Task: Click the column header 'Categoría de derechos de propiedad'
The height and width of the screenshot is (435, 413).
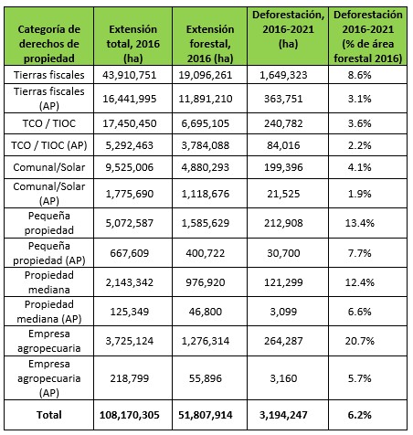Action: [x=49, y=44]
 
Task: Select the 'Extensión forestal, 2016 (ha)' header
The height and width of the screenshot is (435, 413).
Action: [x=210, y=44]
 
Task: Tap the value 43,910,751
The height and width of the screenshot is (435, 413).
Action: [x=130, y=75]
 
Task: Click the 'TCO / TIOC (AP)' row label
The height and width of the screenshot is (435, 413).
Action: [x=49, y=145]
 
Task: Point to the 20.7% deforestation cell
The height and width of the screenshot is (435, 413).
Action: [x=359, y=341]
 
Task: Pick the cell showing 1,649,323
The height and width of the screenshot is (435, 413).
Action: [x=283, y=75]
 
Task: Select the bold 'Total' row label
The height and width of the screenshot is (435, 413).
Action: [x=49, y=415]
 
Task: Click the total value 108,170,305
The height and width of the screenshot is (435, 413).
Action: [x=130, y=415]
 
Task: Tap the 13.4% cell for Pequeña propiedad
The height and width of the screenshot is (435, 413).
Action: [x=359, y=223]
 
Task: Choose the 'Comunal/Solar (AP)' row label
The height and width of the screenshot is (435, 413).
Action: [x=49, y=194]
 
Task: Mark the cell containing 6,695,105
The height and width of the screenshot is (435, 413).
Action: [x=206, y=123]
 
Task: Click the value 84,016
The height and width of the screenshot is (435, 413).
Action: [x=283, y=145]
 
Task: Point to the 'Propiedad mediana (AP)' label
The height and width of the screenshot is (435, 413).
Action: [x=49, y=312]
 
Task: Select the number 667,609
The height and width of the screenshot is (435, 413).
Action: [x=130, y=253]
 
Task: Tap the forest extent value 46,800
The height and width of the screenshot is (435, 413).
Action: [x=206, y=312]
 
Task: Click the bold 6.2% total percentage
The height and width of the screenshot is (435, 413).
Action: [x=359, y=415]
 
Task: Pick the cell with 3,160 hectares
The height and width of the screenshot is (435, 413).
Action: [x=283, y=378]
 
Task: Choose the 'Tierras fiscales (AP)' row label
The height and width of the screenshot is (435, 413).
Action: [x=49, y=99]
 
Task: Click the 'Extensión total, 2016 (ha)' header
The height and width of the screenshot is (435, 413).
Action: [x=133, y=44]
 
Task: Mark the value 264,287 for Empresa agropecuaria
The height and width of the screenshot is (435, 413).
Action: [x=283, y=341]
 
